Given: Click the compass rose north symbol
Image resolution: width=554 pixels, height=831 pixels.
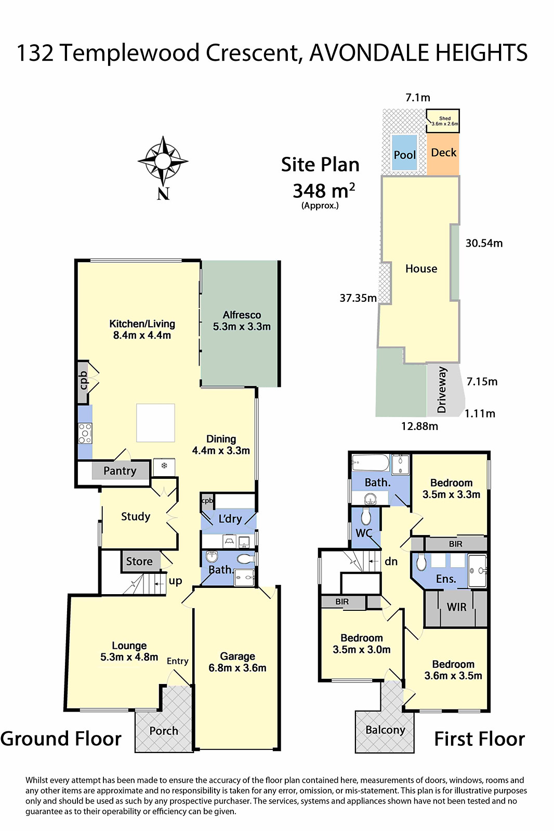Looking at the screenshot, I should click(x=163, y=162).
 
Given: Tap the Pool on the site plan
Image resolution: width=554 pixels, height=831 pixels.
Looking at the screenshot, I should click(x=404, y=154).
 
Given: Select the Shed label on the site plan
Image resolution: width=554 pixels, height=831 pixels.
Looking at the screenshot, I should click(x=444, y=119).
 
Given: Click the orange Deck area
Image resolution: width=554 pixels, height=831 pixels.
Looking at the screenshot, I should click(x=443, y=153).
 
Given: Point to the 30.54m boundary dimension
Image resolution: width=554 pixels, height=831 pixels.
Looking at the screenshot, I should click(x=483, y=243).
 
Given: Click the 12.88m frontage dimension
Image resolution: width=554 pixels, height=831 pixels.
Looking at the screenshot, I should click(x=419, y=426).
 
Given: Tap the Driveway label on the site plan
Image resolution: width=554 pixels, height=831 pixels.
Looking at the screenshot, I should click(x=442, y=390).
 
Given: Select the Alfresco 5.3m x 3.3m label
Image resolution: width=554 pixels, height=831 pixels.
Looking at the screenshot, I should click(x=242, y=321).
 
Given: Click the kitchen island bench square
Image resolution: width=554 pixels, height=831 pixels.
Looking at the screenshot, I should click(x=155, y=423).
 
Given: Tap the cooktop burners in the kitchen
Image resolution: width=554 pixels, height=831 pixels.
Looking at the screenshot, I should click(x=85, y=433).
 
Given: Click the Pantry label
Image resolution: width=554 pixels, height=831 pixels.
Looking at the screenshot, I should click(x=120, y=471).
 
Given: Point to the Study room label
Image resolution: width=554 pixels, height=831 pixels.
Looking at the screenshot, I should click(x=136, y=516).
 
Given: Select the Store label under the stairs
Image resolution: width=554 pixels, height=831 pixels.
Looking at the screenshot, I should click(x=139, y=561).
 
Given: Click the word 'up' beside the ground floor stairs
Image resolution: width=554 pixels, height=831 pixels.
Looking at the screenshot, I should click(x=175, y=581).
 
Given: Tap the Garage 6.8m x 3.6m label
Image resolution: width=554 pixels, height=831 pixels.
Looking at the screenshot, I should click(x=238, y=662).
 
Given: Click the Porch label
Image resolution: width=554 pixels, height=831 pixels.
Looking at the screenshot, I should click(x=164, y=731).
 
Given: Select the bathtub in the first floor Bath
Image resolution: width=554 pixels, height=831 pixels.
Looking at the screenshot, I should click(x=371, y=462).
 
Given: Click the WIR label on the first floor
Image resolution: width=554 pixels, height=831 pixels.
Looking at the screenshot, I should click(x=456, y=607).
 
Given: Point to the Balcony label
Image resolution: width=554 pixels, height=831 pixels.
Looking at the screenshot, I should click(x=385, y=730).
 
